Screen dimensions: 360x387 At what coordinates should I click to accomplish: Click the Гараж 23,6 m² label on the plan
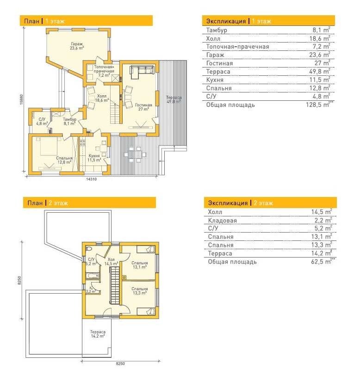coord(77,46)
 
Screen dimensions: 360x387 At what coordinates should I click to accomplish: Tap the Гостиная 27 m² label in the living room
coord(143,107)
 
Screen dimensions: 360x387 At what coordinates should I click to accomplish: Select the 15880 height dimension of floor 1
coord(21,99)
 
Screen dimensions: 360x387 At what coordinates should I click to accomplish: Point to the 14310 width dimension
coord(91,179)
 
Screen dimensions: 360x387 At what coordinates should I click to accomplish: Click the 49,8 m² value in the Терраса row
coord(320,71)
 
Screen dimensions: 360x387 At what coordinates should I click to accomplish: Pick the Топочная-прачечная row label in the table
coord(237,47)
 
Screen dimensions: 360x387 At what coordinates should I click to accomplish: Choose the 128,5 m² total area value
coord(320,104)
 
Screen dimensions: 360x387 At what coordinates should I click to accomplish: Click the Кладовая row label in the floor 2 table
coord(223,221)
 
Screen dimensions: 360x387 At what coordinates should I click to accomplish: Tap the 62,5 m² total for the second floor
coord(323,262)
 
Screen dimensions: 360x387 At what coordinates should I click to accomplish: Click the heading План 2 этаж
coord(48,203)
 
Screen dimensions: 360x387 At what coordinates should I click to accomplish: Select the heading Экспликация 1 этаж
coord(239,21)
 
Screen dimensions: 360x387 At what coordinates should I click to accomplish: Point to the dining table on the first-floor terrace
coord(135,154)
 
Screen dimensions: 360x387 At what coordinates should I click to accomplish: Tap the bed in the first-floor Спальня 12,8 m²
coord(49,147)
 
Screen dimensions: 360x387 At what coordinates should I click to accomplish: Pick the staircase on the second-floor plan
coord(115,286)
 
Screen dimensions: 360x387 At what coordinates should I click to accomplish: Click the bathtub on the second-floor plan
coord(92,276)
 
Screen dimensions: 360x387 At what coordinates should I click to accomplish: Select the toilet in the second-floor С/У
coord(89,248)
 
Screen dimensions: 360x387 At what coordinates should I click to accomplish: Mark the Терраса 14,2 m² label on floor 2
coord(98,334)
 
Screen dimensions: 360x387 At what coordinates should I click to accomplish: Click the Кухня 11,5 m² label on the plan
coord(94,158)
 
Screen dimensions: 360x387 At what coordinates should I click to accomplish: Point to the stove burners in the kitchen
coord(82,142)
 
